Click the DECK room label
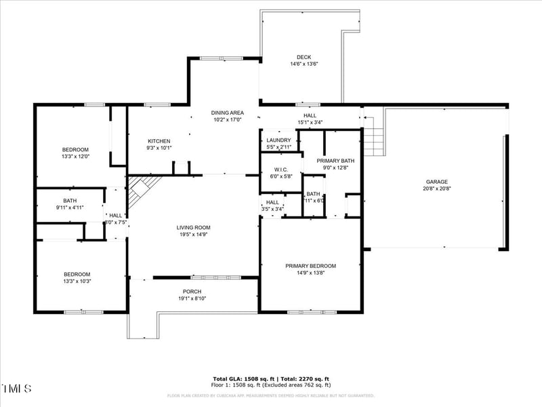pos(304,57)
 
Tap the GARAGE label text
pos(436,182)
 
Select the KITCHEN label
pos(159,141)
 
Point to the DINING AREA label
pos(227,113)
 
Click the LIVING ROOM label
pos(194,228)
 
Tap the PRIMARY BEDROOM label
pos(310,266)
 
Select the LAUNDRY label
pos(278,140)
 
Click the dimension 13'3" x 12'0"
pos(75,156)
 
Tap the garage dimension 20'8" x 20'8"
pos(436,189)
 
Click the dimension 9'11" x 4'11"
pos(70,208)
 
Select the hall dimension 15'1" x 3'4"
pos(310,122)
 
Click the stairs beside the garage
pos(373,139)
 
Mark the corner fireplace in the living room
pos(141,186)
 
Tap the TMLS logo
pos(16,389)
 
